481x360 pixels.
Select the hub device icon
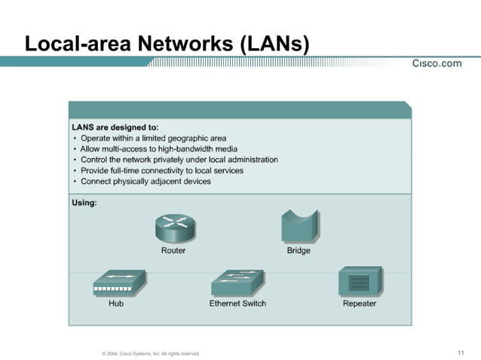(x=115, y=284)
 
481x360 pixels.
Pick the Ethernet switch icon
(x=237, y=284)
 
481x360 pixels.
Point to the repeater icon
(x=359, y=282)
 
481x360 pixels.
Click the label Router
(x=173, y=251)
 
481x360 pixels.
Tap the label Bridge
(x=298, y=251)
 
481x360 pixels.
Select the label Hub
(x=115, y=304)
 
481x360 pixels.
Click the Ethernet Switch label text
(x=237, y=304)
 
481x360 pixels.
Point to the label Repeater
(x=359, y=304)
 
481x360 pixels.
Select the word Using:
(x=84, y=203)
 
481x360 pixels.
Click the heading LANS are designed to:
(x=115, y=127)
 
